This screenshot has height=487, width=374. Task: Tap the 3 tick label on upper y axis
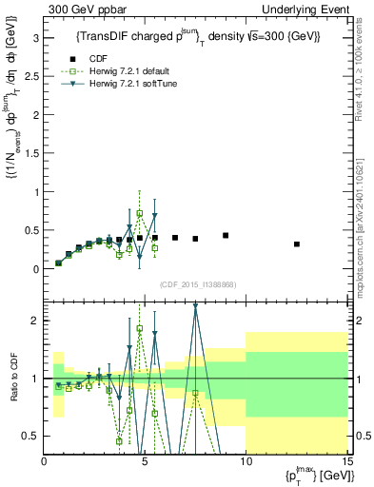35,38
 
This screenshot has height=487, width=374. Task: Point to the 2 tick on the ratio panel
35,321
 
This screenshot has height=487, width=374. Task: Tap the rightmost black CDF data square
297,244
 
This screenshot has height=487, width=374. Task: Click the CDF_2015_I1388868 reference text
196,282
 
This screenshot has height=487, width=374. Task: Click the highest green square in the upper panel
140,214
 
